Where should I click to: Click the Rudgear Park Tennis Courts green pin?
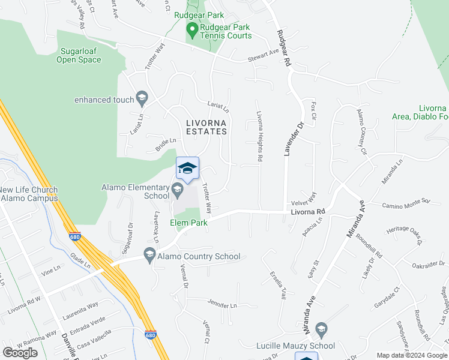(x=193, y=28)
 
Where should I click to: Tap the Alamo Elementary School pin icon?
(x=177, y=190)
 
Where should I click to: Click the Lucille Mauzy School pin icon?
(x=322, y=329)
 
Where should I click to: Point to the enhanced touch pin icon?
(x=142, y=97)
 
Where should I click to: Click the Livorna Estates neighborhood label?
(x=206, y=127)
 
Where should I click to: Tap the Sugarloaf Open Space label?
(x=79, y=56)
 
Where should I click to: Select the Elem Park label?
(x=188, y=223)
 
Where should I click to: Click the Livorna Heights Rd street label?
(x=260, y=137)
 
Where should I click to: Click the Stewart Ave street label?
(x=264, y=55)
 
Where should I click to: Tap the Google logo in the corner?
(x=20, y=353)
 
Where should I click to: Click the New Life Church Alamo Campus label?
(x=29, y=194)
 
